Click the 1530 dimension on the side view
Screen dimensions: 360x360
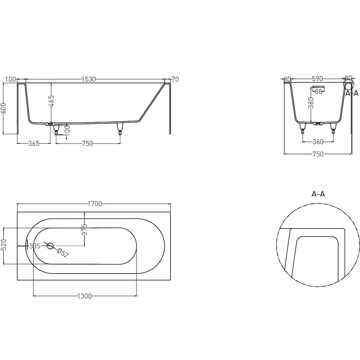pos(88,79)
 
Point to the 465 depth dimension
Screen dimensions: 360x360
pos(51,102)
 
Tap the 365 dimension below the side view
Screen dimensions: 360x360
pos(33,144)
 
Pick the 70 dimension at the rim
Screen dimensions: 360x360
pos(175,79)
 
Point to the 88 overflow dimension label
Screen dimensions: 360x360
pos(318,91)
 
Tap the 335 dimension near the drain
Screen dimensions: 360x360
pos(34,246)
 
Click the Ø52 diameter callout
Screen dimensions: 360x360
pos(63,254)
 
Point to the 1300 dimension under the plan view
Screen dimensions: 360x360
pos(85,296)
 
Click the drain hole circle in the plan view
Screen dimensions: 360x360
pos(50,246)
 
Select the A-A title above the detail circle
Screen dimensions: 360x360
pos(318,194)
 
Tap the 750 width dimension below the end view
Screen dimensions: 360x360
pos(318,155)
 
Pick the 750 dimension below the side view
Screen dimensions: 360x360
pos(87,144)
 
